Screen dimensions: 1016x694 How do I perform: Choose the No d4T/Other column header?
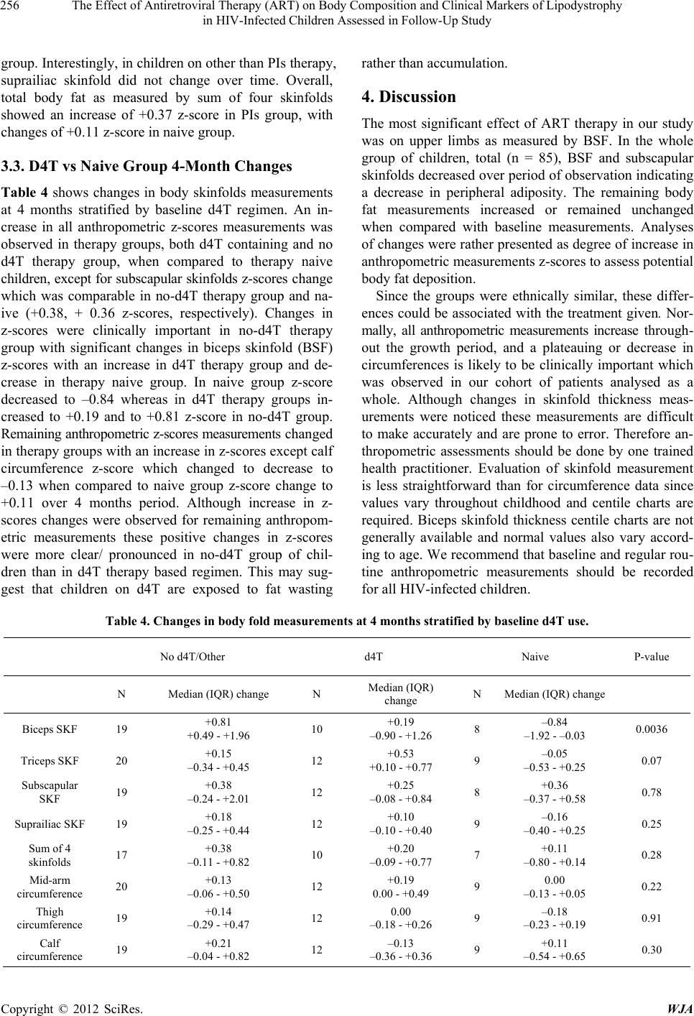(192, 657)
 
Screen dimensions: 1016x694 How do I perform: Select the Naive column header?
(535, 657)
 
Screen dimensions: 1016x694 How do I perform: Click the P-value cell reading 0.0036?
(651, 729)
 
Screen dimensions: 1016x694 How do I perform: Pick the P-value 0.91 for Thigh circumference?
(651, 918)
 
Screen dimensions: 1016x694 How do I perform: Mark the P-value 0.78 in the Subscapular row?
(651, 792)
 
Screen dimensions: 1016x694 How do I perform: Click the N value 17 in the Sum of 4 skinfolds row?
(122, 855)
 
